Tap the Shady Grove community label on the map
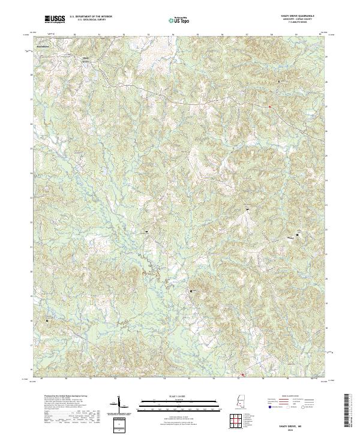pos(86,59)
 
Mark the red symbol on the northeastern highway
pos(270,107)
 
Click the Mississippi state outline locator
pos(242,406)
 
